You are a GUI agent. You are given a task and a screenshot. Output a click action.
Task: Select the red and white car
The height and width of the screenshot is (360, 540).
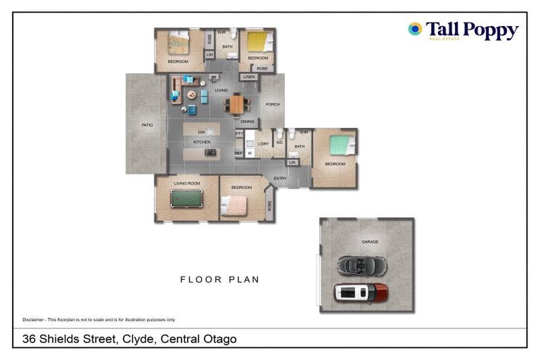361,292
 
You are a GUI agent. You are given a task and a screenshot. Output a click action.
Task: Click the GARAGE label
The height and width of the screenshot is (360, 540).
370,242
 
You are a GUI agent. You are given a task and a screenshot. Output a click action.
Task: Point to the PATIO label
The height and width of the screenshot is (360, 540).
147,125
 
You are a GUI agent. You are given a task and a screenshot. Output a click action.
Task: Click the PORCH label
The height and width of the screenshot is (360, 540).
272,105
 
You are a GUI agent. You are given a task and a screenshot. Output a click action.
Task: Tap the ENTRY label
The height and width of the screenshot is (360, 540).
280,178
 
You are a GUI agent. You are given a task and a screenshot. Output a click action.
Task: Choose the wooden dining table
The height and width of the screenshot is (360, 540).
238,104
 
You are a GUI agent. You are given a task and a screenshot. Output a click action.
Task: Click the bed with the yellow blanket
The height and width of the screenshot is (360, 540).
257,41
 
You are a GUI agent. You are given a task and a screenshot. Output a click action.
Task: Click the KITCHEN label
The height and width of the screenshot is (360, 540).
202,142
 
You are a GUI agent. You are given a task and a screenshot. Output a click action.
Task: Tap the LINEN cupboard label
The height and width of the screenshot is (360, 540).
248,77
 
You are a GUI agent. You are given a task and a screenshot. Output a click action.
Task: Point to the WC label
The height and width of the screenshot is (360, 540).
279,143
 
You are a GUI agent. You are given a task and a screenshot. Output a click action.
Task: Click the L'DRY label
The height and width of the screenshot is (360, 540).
264,143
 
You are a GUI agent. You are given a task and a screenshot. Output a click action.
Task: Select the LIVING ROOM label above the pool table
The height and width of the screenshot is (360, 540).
187,184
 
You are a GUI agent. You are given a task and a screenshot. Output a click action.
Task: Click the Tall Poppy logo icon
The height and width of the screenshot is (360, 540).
415,29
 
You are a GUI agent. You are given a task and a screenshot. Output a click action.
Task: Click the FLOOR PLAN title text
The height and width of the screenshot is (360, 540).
219,279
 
